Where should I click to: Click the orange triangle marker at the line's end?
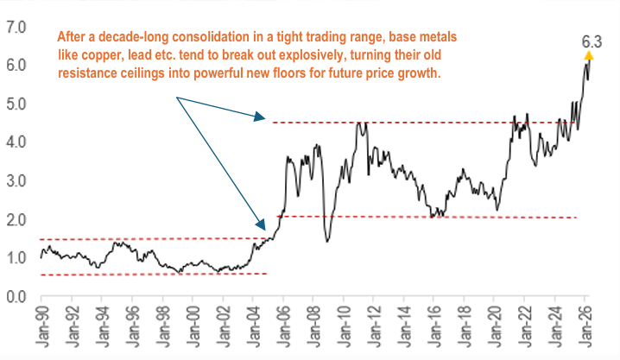point(588,55)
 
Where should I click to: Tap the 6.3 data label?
point(592,41)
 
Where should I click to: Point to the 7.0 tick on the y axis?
point(16,28)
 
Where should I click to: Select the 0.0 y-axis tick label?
point(16,297)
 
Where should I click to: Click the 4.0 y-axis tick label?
point(16,142)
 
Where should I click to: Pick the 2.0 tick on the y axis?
point(16,220)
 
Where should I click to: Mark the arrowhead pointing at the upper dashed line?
point(259,117)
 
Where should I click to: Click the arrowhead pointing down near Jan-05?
point(261,224)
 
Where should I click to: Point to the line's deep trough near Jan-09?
point(327,241)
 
